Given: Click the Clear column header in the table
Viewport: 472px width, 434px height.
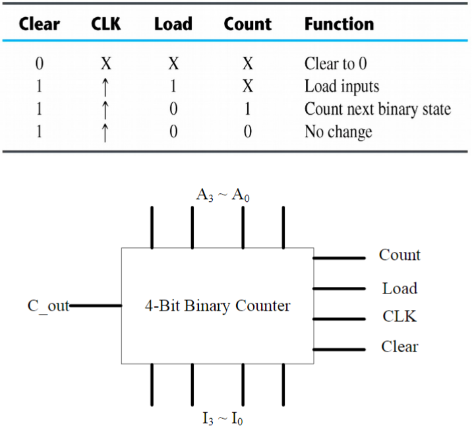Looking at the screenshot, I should point(40,24).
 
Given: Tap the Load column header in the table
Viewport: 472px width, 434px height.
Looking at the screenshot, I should point(173,24).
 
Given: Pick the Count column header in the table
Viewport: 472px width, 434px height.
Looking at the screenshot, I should point(247,24).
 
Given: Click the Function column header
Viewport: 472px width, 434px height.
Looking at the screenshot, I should point(339,24).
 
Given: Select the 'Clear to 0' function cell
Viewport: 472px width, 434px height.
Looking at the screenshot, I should point(336,64).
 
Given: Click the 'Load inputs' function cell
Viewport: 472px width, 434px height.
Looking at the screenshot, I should point(341,86).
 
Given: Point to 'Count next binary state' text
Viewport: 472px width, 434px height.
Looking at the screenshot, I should point(377,109).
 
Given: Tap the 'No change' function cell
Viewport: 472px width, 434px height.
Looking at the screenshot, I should point(338,131).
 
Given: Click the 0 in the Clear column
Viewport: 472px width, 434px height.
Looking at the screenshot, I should point(40,64).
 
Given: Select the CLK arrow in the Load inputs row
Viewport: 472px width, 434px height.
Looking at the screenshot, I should point(106,86).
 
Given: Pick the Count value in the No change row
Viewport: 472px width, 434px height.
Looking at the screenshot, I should point(247,131).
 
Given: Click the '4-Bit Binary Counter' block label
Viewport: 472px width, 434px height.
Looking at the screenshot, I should point(218,306).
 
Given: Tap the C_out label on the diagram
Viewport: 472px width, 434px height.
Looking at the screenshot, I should point(48,306).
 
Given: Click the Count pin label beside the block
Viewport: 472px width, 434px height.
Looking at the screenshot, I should point(399,255).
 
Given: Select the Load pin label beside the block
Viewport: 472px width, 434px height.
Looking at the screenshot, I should point(399,288).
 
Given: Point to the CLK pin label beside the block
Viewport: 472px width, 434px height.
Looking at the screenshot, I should point(399,317).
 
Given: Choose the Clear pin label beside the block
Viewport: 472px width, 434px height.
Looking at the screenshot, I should point(399,346).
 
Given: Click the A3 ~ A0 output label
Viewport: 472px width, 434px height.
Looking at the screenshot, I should point(218,194).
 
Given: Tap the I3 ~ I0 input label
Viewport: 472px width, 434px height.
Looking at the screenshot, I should point(218,417).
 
